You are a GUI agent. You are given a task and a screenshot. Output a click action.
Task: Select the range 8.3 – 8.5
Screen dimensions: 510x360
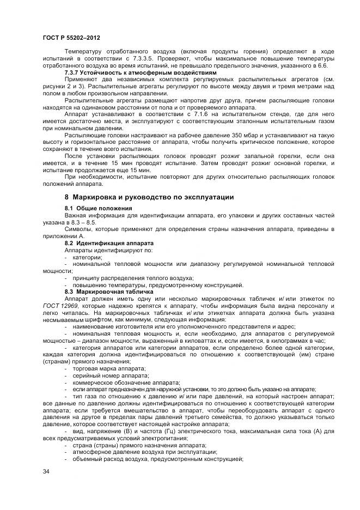click(83, 222)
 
